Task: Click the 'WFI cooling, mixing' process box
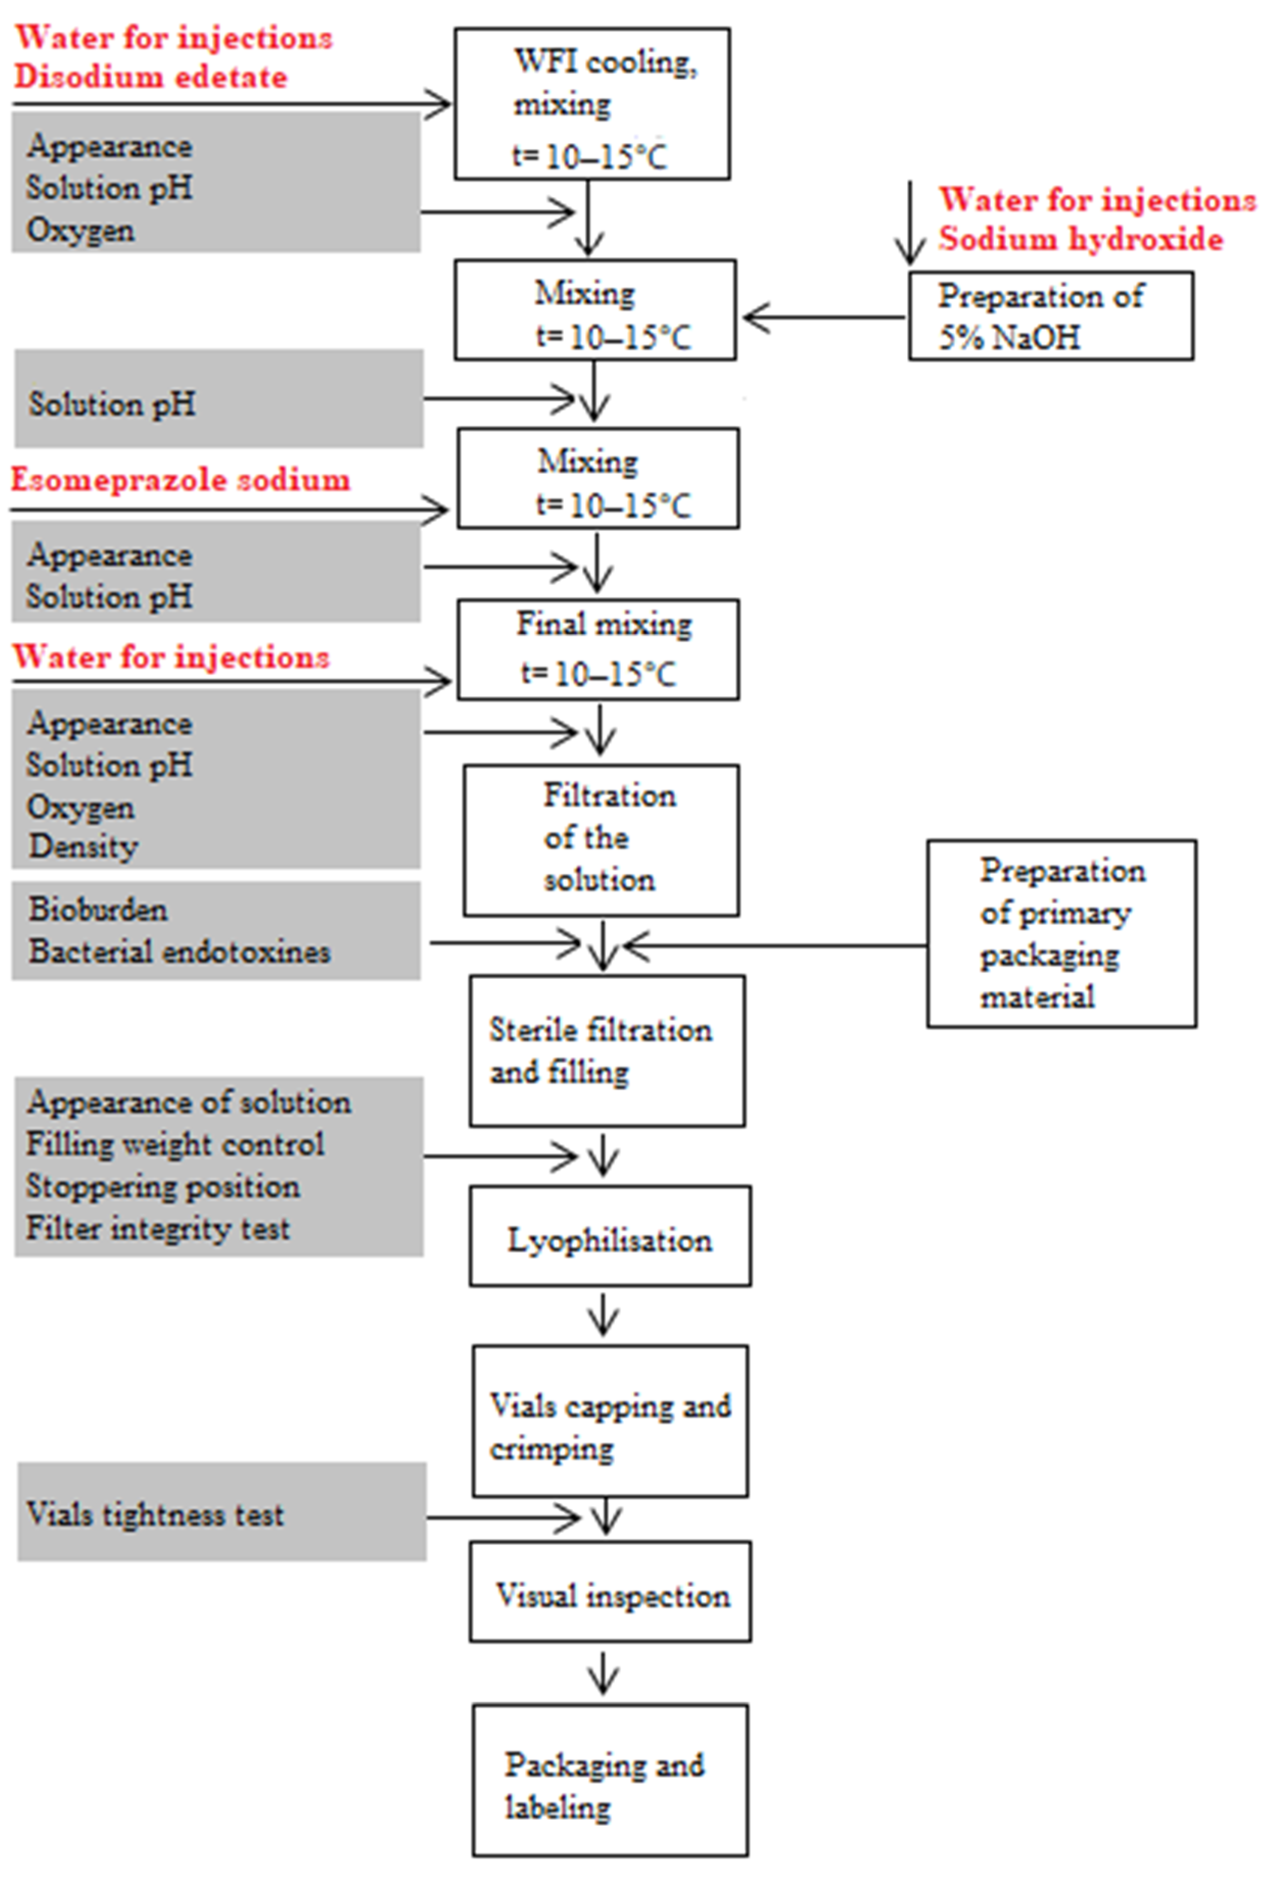(591, 104)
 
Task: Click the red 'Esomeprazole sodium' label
(180, 480)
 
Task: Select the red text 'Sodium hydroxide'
(1080, 239)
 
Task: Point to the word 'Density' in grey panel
(84, 847)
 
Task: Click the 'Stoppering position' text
(162, 1187)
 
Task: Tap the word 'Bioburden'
(98, 909)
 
